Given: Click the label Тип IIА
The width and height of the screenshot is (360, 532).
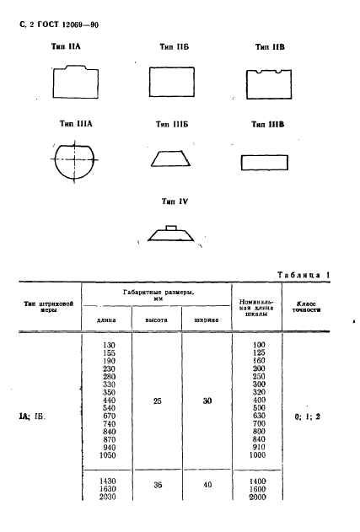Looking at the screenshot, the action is click(x=66, y=46).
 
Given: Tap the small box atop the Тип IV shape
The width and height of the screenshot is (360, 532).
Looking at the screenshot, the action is click(x=171, y=228).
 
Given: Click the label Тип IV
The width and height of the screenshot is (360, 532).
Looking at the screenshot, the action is click(x=175, y=202).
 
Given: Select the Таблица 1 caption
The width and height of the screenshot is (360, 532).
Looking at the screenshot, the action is click(x=304, y=275).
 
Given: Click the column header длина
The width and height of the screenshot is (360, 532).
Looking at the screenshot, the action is click(x=106, y=320).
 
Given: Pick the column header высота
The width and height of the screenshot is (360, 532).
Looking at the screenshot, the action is click(x=157, y=320).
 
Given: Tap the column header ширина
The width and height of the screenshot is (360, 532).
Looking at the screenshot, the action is click(x=207, y=320).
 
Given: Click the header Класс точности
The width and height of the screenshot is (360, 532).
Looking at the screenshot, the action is click(x=306, y=307).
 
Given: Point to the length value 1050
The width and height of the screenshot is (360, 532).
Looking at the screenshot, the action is click(x=108, y=455).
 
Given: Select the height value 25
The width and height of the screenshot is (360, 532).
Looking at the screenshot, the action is click(x=157, y=401).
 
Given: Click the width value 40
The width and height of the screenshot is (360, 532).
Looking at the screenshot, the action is click(x=207, y=485).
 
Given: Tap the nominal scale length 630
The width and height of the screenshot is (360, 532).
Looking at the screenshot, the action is click(x=259, y=416).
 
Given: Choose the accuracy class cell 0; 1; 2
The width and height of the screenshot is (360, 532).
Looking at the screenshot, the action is click(x=308, y=416).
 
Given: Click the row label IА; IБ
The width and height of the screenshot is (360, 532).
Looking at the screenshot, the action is click(x=32, y=416).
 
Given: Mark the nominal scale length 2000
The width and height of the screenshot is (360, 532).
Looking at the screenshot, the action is click(x=257, y=497).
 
